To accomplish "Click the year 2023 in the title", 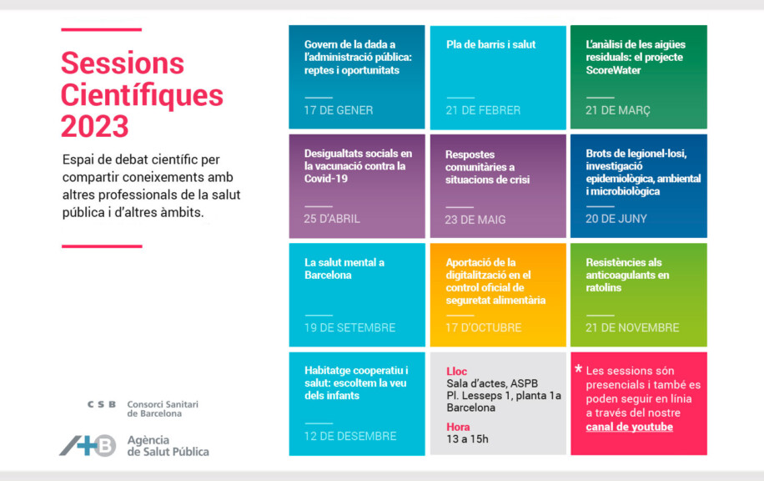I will pyautogui.click(x=94, y=126).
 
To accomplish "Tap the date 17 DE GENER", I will pyautogui.click(x=339, y=110).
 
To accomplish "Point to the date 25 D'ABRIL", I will pyautogui.click(x=332, y=219).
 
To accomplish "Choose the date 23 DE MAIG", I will pyautogui.click(x=475, y=220).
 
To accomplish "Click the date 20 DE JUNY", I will pyautogui.click(x=616, y=219).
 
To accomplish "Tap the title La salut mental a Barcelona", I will pyautogui.click(x=344, y=268).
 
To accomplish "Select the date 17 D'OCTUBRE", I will pyautogui.click(x=483, y=327).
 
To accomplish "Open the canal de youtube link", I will pyautogui.click(x=629, y=428).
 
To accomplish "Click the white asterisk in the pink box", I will pyautogui.click(x=579, y=369).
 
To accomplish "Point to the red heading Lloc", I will pyautogui.click(x=457, y=371).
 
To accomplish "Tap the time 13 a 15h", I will pyautogui.click(x=467, y=439).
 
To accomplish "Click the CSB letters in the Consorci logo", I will pyautogui.click(x=102, y=404).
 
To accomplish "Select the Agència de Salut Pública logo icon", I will pyautogui.click(x=88, y=445).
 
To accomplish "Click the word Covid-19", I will pyautogui.click(x=326, y=179).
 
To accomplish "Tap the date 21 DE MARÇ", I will pyautogui.click(x=617, y=110).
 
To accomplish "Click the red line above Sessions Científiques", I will pyautogui.click(x=101, y=29).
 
